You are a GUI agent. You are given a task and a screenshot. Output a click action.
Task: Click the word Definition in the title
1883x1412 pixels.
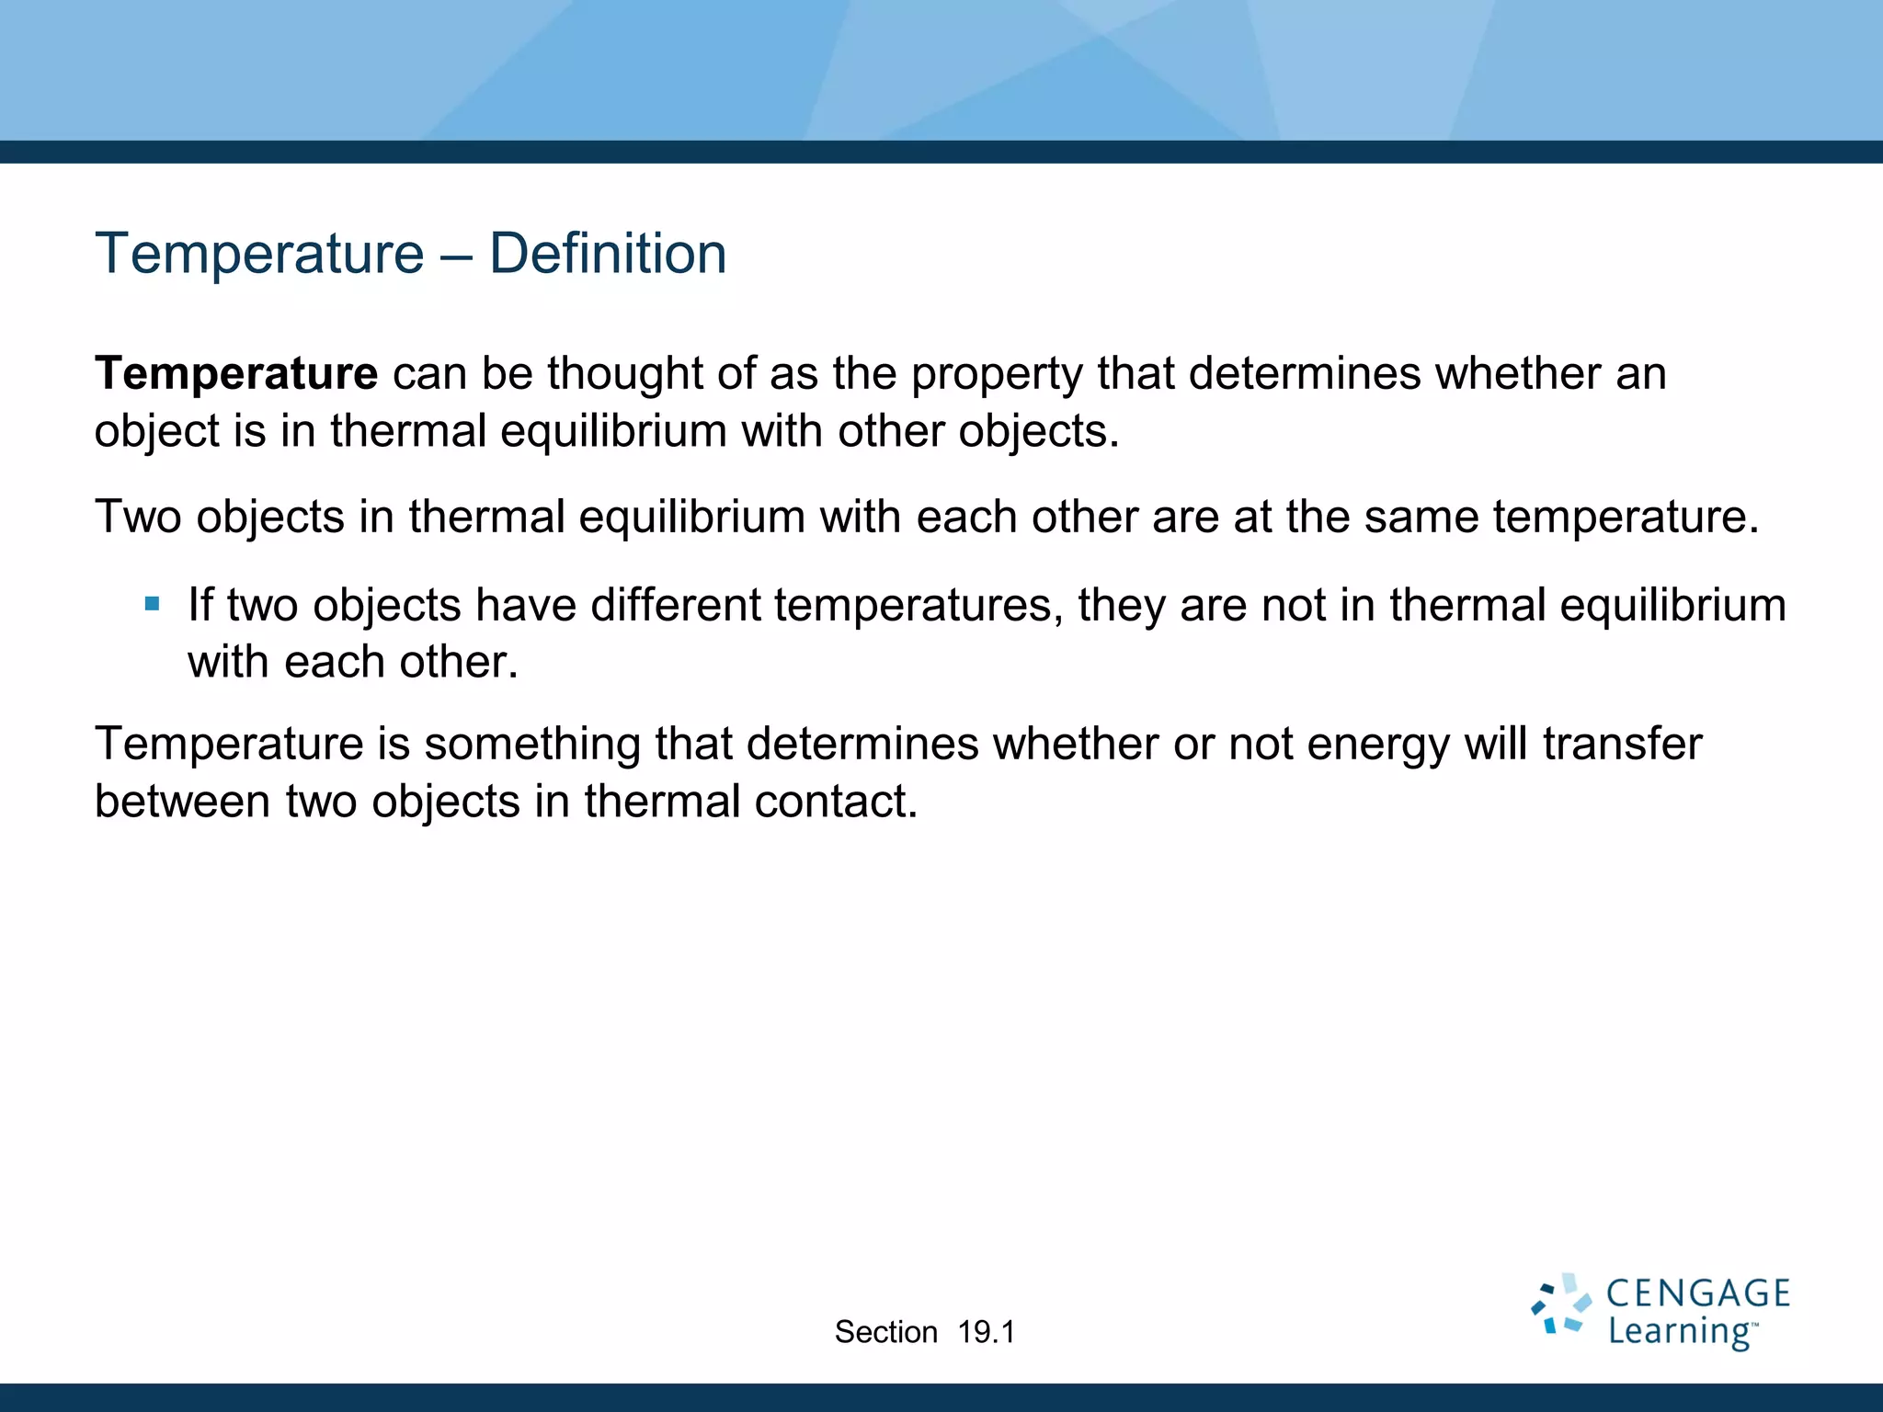(x=607, y=254)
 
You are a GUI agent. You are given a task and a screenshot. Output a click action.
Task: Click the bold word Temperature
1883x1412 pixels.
(x=236, y=373)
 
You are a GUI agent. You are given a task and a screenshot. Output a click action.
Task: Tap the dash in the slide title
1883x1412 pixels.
(x=456, y=256)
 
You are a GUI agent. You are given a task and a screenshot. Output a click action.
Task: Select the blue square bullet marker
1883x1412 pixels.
(x=153, y=604)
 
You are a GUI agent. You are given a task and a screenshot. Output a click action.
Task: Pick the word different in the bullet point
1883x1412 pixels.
(x=676, y=605)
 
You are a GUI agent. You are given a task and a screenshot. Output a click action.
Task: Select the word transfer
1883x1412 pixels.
(x=1622, y=744)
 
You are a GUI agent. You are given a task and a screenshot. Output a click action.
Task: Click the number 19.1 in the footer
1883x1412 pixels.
(x=986, y=1332)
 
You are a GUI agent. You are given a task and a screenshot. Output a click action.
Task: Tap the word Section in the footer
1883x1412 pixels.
(x=885, y=1332)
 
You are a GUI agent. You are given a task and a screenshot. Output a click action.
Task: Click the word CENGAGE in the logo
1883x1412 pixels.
(x=1697, y=1294)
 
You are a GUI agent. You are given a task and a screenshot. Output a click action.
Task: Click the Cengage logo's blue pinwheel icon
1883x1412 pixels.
(x=1560, y=1304)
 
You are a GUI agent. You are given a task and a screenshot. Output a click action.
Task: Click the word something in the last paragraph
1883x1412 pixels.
(x=532, y=745)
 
